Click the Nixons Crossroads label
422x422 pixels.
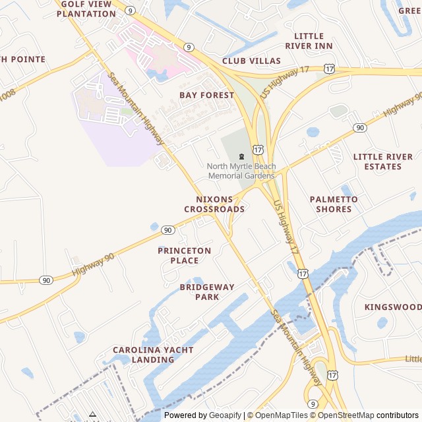tap(214, 204)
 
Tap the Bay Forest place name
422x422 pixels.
tap(206, 95)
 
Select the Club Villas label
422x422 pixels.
tap(251, 61)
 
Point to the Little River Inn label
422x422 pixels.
tap(309, 41)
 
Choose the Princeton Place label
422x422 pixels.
tap(185, 255)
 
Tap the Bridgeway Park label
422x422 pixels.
tap(206, 291)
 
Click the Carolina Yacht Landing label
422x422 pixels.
tap(144, 355)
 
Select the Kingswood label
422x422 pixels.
tap(393, 307)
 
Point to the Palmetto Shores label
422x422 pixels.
tap(334, 204)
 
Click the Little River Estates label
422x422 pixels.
tap(382, 162)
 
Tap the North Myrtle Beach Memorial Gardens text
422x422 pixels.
tap(241, 171)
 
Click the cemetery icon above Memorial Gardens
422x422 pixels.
tap(241, 156)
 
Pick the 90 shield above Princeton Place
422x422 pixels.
tap(168, 230)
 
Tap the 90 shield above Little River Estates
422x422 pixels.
tap(359, 127)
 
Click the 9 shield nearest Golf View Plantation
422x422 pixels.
tap(131, 11)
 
